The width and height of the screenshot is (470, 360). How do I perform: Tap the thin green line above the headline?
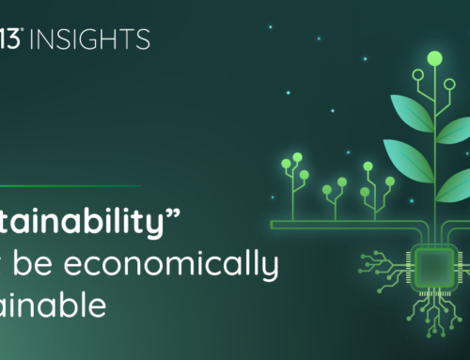coord(70,184)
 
